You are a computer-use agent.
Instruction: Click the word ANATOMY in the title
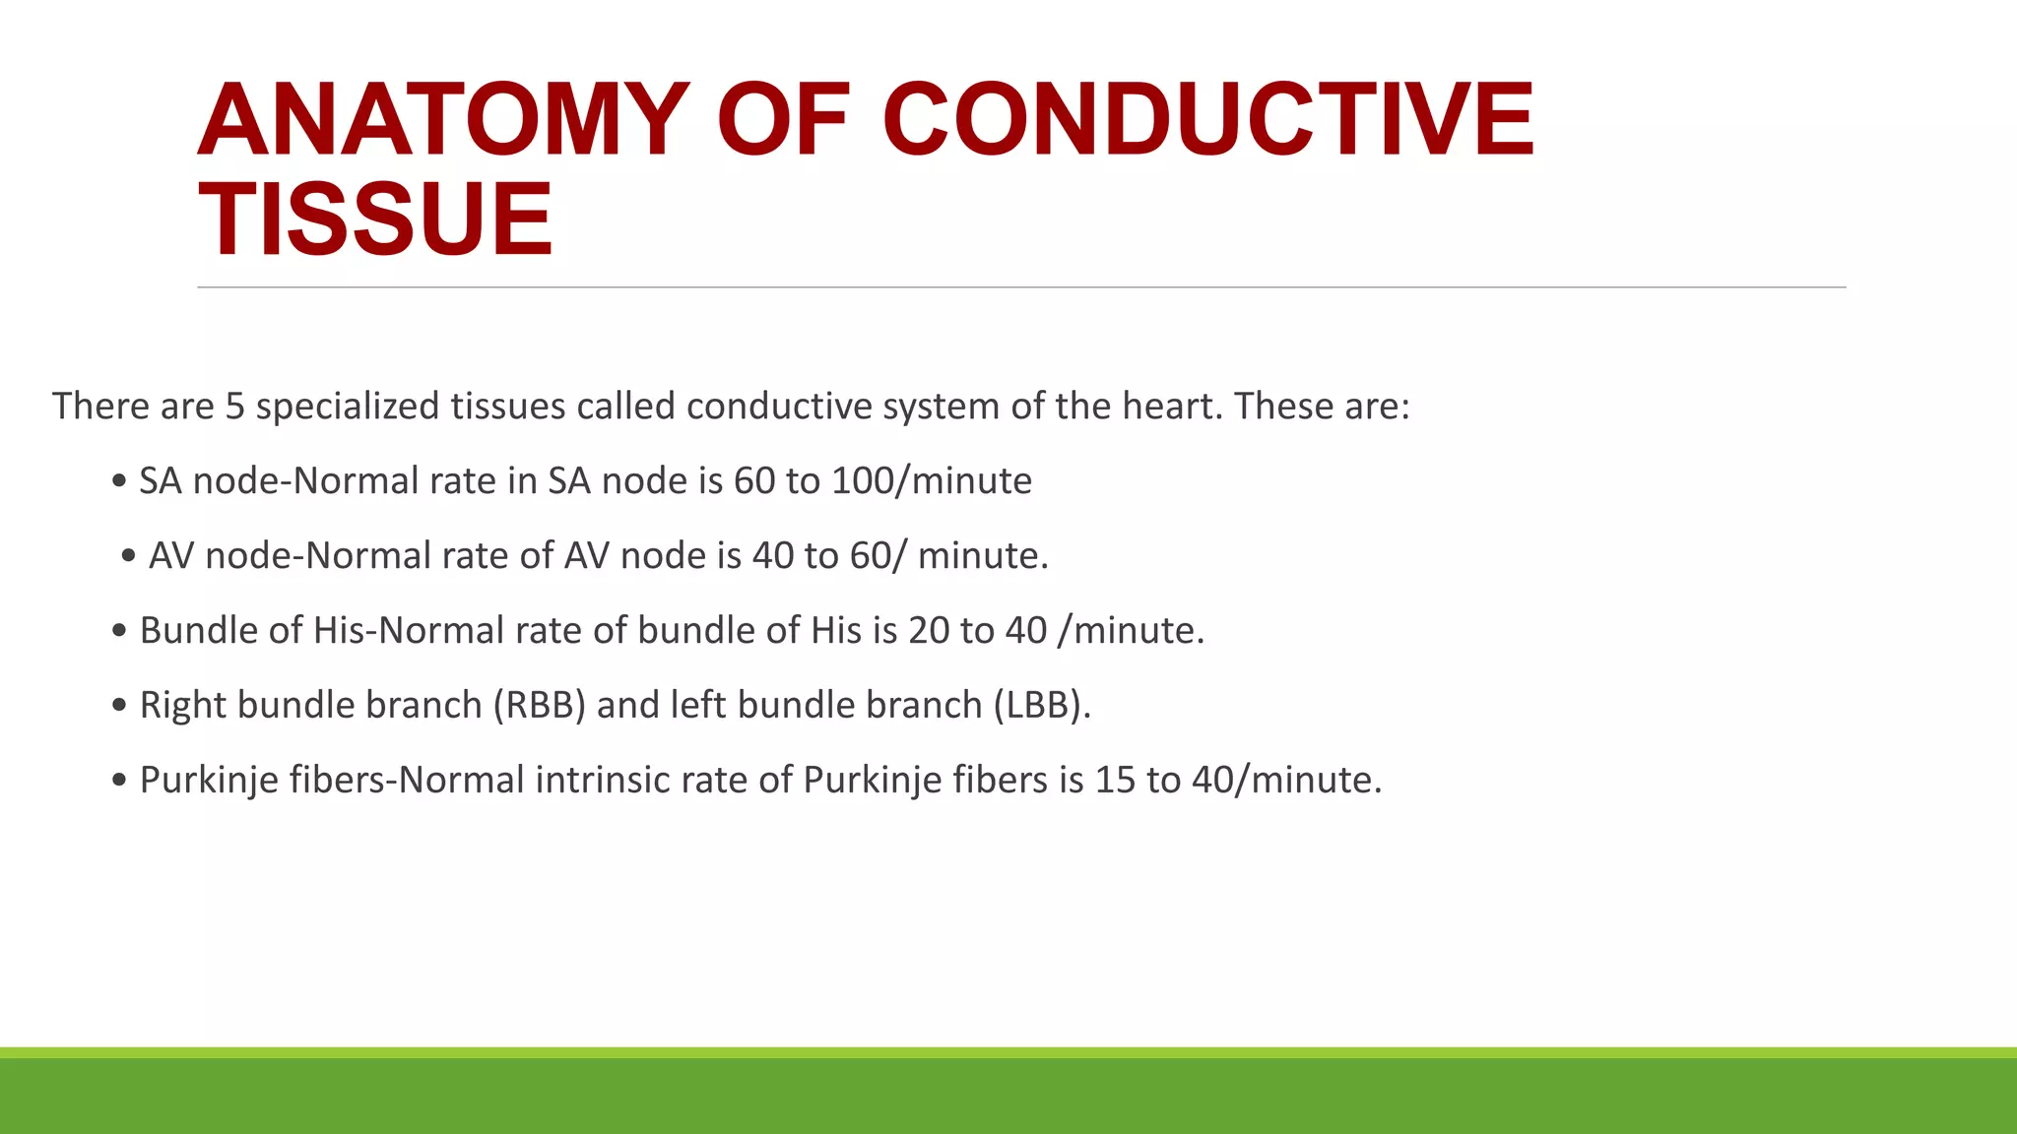(443, 120)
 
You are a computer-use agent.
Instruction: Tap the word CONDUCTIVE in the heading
(1207, 120)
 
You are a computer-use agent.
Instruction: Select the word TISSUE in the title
(375, 220)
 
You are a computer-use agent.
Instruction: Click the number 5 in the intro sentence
(234, 407)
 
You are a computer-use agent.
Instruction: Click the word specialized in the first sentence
(348, 407)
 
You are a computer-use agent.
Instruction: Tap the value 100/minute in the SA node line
(932, 481)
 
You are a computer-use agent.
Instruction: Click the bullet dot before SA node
(119, 482)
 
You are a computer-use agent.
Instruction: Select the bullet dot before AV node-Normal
(128, 557)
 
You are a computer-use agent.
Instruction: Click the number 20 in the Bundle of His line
(929, 631)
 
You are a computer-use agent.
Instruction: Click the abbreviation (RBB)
(539, 706)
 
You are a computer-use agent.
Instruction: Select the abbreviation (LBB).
(1041, 706)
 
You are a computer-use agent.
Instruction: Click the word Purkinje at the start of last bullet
(209, 781)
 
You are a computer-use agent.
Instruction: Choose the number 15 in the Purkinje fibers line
(1115, 781)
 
